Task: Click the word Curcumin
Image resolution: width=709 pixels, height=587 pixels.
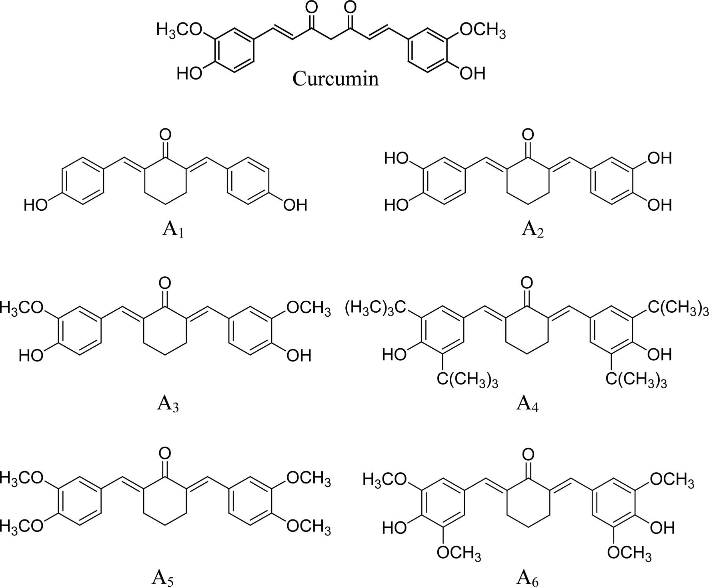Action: (x=335, y=79)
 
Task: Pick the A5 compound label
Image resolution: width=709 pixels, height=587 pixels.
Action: (x=162, y=577)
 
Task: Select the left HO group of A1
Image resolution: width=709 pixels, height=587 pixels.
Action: (x=36, y=206)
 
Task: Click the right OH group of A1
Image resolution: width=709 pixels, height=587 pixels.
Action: (x=295, y=206)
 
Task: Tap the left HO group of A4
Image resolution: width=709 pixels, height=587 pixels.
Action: (x=395, y=355)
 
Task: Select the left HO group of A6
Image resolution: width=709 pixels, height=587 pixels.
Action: (x=395, y=528)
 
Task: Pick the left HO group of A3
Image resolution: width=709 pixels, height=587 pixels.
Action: (x=31, y=355)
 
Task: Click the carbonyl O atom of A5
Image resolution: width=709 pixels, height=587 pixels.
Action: (x=165, y=453)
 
